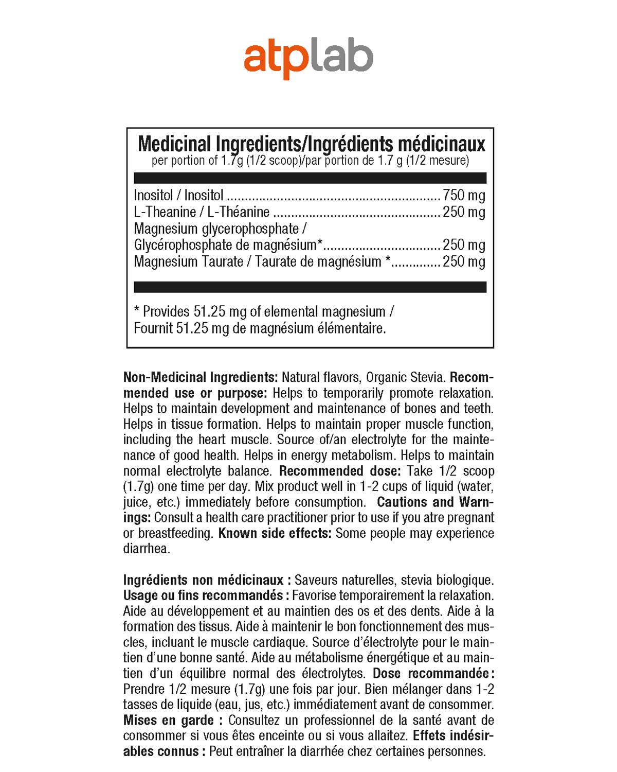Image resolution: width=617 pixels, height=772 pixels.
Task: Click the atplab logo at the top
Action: [x=308, y=60]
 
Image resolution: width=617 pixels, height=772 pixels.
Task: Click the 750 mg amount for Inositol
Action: [x=464, y=195]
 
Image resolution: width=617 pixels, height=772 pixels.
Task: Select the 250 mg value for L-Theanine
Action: [x=464, y=212]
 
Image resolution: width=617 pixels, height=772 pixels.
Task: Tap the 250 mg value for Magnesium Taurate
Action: [x=464, y=261]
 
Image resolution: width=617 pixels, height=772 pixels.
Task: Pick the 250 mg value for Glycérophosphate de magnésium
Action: [x=464, y=244]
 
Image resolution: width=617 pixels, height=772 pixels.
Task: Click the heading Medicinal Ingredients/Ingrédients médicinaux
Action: [x=312, y=144]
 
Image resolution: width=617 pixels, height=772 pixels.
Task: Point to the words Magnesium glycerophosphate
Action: [x=216, y=229]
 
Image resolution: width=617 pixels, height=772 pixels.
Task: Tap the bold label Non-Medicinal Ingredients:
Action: [x=201, y=377]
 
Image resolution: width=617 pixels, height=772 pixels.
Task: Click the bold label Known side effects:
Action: [x=275, y=533]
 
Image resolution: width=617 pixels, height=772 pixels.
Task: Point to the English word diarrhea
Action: [x=147, y=549]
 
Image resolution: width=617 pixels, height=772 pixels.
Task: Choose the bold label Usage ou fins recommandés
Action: [x=203, y=595]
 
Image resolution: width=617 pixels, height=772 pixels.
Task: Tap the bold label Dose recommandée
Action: [x=430, y=673]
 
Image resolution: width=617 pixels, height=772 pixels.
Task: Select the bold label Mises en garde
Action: [x=168, y=720]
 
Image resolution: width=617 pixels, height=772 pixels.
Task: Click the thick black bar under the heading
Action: [x=310, y=178]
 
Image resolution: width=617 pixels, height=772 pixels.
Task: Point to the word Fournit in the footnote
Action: [x=153, y=328]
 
